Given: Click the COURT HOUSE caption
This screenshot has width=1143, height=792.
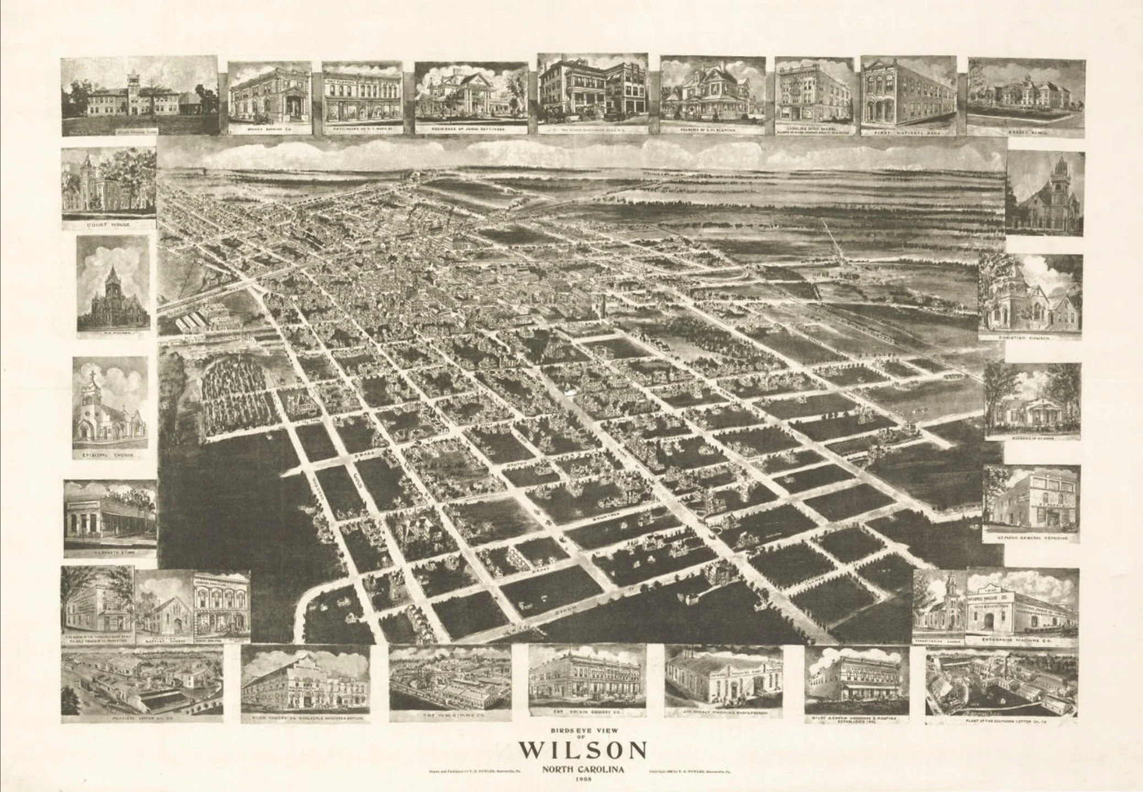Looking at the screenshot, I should (108, 225).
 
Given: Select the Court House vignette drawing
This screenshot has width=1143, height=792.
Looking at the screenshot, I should (108, 182).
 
